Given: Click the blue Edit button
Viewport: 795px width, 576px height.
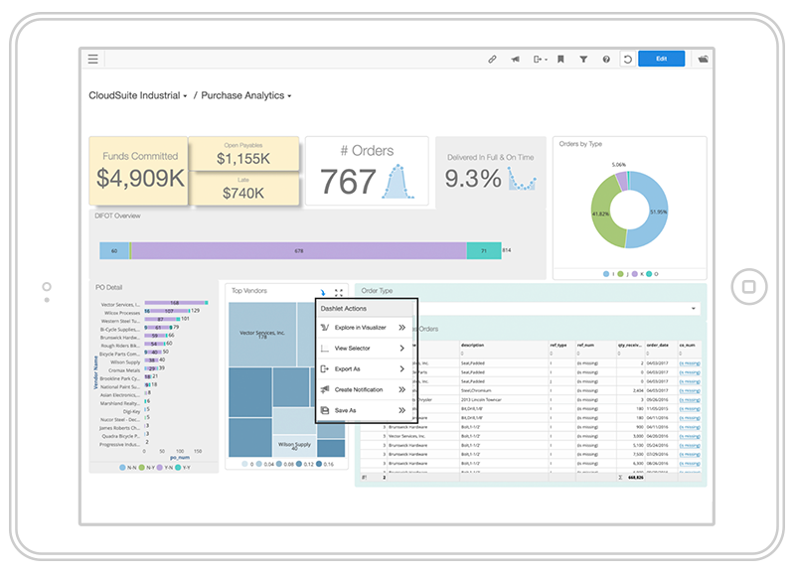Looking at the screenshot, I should click(x=661, y=60).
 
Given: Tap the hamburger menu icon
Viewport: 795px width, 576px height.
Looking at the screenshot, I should click(x=93, y=60).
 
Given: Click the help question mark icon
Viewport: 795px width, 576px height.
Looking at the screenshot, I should click(x=606, y=60).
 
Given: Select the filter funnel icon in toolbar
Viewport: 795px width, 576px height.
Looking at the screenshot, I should click(x=583, y=60).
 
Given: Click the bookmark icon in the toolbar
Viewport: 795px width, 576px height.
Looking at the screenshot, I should click(x=560, y=60).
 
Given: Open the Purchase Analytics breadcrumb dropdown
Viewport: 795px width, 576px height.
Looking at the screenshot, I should click(x=246, y=96).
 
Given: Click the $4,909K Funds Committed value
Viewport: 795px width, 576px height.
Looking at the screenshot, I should click(x=139, y=178).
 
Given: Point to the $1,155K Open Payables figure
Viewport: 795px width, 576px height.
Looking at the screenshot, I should click(x=243, y=159).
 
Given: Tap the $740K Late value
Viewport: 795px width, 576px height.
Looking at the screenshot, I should click(x=243, y=193).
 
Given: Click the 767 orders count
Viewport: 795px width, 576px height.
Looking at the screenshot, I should click(x=348, y=181).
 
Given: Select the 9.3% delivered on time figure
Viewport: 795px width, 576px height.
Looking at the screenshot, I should click(x=472, y=179).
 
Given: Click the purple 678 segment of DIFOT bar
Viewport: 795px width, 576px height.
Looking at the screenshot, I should click(x=298, y=251).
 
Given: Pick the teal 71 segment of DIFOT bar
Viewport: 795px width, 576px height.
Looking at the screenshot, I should click(x=484, y=251).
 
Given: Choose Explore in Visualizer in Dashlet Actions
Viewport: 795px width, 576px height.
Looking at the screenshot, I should click(x=360, y=327).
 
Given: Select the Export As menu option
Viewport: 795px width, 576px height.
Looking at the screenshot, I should click(x=347, y=368).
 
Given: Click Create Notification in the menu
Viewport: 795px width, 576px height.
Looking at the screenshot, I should click(x=359, y=389).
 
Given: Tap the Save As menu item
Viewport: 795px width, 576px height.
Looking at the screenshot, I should click(x=345, y=410).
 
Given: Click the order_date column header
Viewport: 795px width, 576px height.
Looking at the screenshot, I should click(x=658, y=346).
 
